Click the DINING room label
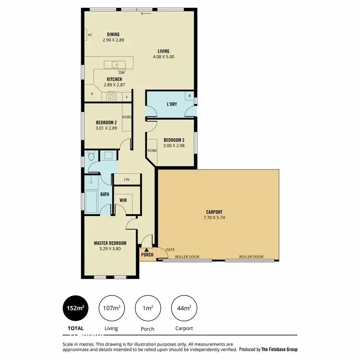pos(113,34)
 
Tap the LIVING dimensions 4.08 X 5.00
pos(164,56)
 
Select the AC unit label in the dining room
pos(90,35)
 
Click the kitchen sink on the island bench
pos(115,64)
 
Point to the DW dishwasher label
pos(121,72)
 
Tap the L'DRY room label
pos(172,104)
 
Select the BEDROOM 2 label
pos(107,122)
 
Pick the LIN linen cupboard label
pos(127,180)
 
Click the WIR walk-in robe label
pos(122,200)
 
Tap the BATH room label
pos(105,194)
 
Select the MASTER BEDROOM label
pos(110,243)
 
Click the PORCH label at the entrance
pos(147,254)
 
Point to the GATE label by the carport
pos(170,250)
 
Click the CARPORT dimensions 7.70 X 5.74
pos(214,217)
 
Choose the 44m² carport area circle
pos(183,308)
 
